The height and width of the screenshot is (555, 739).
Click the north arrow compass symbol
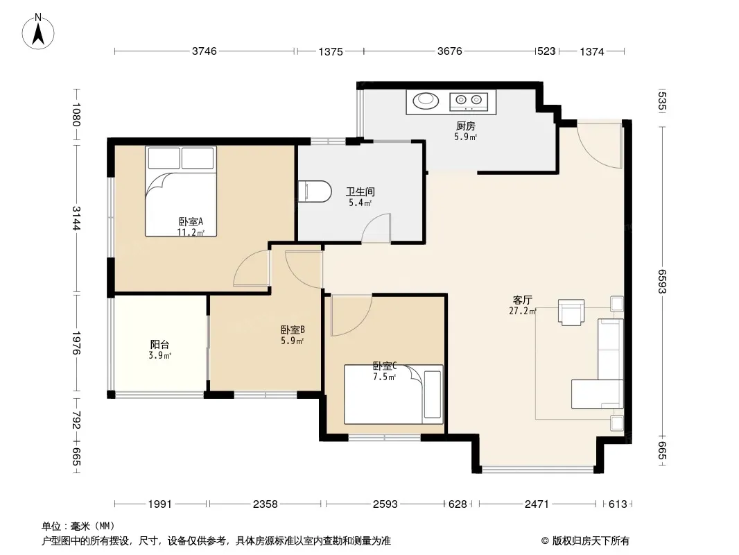click(38, 32)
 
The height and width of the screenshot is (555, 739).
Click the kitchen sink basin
click(426, 100)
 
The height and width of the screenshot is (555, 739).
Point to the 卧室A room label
click(191, 221)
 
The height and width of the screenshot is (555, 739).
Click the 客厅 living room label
click(523, 300)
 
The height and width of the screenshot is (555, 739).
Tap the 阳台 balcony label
click(159, 345)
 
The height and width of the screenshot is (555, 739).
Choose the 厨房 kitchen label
click(466, 126)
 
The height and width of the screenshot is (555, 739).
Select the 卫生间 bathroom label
click(360, 191)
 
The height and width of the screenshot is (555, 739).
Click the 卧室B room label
click(293, 330)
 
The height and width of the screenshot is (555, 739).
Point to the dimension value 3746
click(204, 51)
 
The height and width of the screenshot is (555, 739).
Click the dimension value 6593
click(662, 281)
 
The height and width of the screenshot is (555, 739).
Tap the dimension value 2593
click(385, 504)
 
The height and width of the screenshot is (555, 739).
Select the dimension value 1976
click(76, 343)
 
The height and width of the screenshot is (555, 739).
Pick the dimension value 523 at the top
click(547, 51)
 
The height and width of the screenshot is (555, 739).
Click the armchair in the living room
click(571, 312)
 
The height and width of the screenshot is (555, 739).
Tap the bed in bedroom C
click(394, 394)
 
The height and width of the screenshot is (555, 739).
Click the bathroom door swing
click(376, 228)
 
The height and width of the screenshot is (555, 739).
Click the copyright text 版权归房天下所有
click(591, 541)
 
